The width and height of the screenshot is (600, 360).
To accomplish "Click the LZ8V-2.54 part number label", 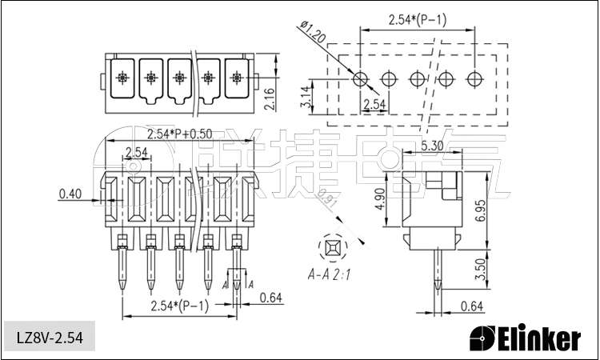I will coord(50,337).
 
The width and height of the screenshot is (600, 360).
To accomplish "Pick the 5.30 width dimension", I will coord(432,146).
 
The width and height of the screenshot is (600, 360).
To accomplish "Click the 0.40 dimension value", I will coord(71,194).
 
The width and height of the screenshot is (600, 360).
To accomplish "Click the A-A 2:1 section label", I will coord(331,275).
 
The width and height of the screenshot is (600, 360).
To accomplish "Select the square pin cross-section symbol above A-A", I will coord(332,247).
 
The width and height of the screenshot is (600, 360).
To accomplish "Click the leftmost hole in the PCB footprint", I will coord(360,78).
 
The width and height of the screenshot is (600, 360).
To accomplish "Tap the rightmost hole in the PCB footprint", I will coord(475,78).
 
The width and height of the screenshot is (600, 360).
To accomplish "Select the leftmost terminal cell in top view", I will coord(122,78).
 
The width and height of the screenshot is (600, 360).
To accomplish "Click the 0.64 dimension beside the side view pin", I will coord(472,306).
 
